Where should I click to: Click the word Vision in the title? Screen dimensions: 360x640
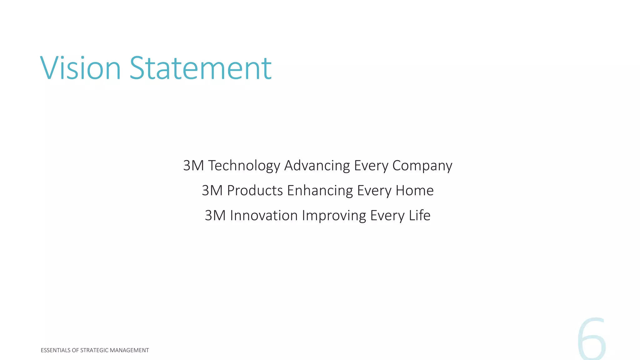coord(81,68)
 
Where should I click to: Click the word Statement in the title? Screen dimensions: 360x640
coord(200,68)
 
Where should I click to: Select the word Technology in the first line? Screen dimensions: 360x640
coord(244,166)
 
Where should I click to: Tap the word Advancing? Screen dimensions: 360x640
coord(317,166)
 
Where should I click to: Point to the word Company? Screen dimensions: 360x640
coord(422,166)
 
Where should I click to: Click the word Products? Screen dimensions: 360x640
coord(255,191)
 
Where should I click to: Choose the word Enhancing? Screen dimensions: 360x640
coord(320,191)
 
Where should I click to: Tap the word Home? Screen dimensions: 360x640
coord(415,191)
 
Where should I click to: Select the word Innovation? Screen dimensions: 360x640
coord(264,216)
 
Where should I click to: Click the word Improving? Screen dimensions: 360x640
coord(334,216)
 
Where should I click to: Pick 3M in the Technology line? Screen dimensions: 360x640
coord(193,166)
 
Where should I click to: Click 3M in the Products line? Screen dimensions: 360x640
coord(212,191)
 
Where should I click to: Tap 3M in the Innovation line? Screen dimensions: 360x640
coord(215,216)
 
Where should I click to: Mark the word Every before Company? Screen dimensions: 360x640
coord(371,166)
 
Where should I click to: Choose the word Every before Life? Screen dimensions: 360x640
coord(387,216)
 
